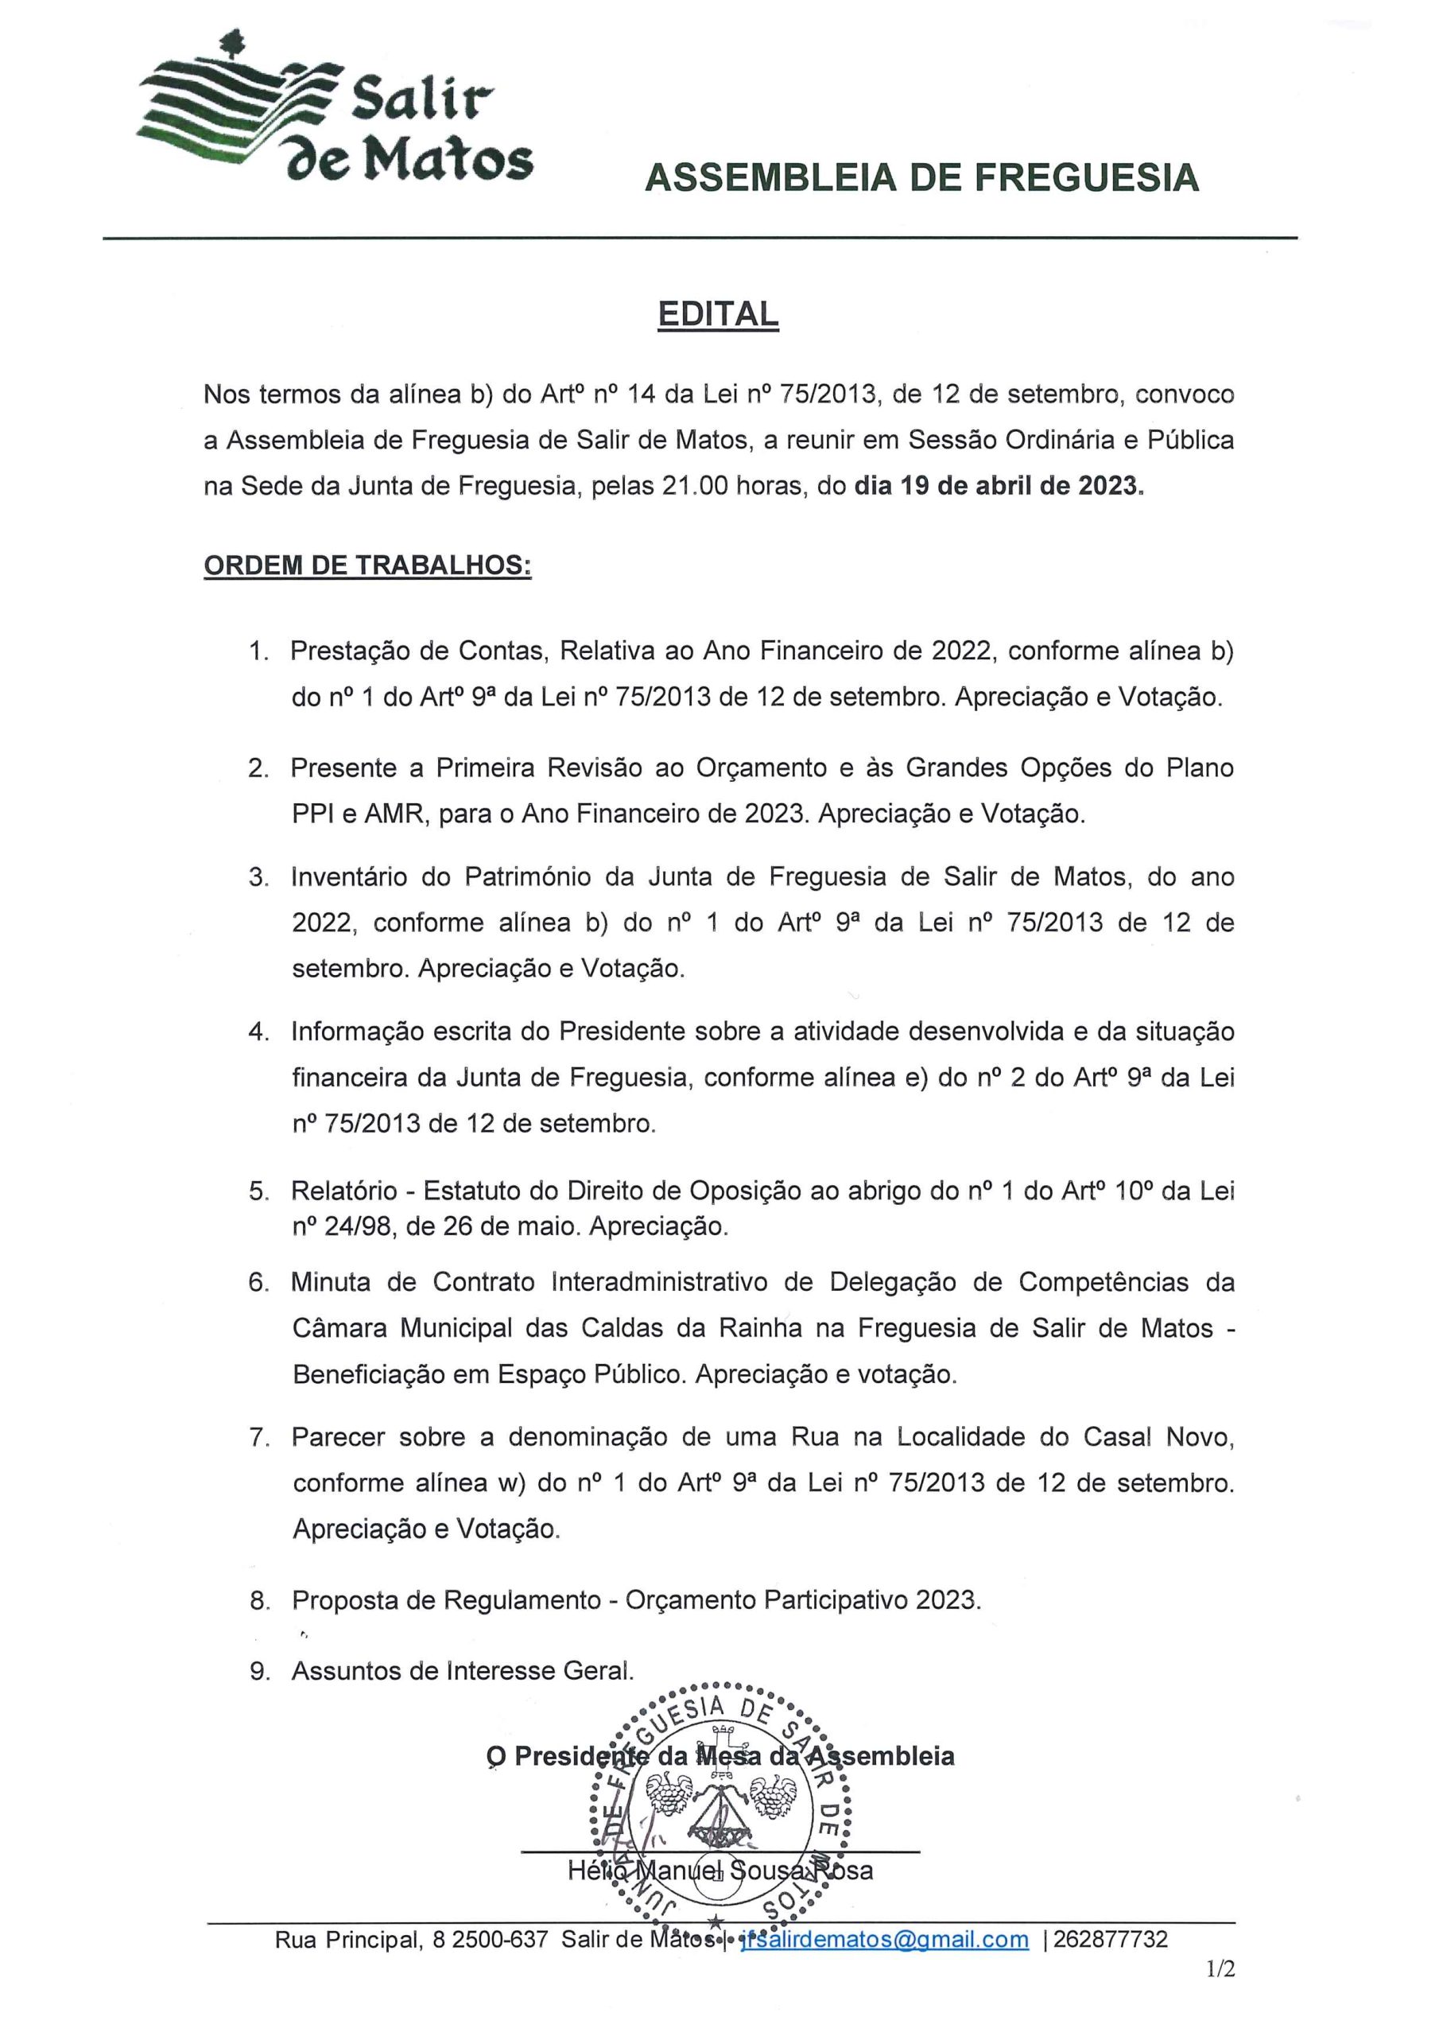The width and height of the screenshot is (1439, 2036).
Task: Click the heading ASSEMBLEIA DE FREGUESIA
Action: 921,178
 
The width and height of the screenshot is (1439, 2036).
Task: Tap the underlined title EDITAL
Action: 717,314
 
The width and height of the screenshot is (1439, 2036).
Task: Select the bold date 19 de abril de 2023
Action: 999,486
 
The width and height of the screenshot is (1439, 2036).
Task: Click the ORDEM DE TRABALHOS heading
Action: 367,565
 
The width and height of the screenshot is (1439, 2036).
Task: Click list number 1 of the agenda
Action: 258,652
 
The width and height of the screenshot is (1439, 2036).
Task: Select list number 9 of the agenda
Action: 259,1672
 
